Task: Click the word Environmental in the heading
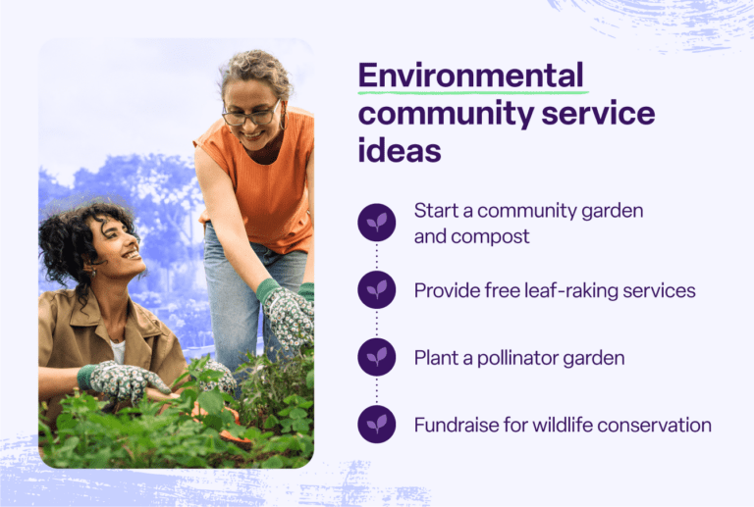[470, 76]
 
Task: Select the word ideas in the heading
[399, 151]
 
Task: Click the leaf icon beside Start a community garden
[377, 223]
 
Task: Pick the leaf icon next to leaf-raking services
[377, 290]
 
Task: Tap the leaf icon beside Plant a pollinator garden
[377, 358]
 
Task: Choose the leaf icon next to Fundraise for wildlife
[377, 425]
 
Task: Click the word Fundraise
[456, 425]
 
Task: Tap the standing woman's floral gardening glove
[287, 313]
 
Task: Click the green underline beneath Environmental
[470, 92]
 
